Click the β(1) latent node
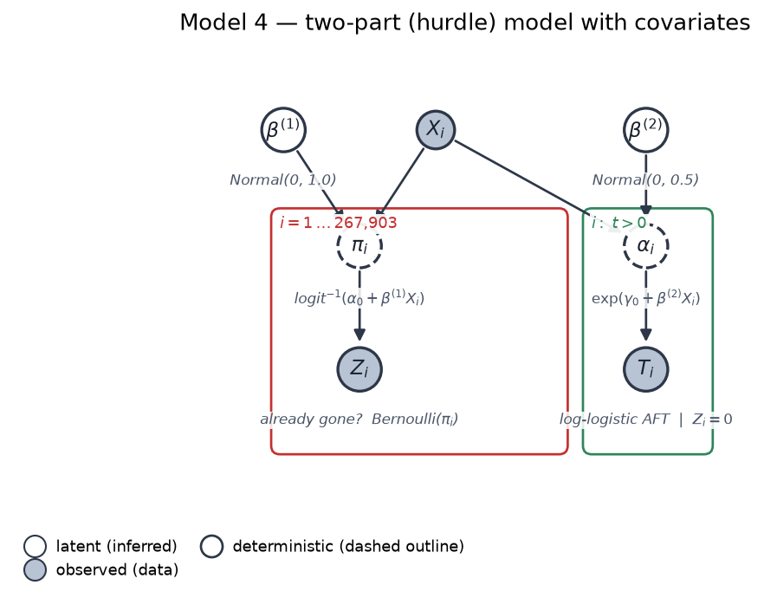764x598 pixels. click(283, 130)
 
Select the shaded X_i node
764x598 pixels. click(436, 130)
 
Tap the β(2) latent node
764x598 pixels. click(645, 130)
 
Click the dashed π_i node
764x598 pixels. click(359, 245)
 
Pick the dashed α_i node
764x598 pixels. click(645, 245)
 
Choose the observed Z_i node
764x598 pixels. click(359, 369)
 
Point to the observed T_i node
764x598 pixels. click(645, 369)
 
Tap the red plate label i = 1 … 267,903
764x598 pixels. click(338, 223)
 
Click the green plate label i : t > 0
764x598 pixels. click(618, 223)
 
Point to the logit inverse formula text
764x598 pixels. click(359, 298)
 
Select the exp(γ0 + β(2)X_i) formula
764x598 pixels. click(645, 298)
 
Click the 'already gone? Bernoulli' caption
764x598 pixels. click(359, 419)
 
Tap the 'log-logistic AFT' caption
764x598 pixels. click(614, 419)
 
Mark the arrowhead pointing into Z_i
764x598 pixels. click(359, 335)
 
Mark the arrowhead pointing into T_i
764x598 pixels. click(645, 335)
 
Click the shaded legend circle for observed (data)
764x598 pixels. click(35, 569)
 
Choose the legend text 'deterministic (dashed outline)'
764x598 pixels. click(348, 546)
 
